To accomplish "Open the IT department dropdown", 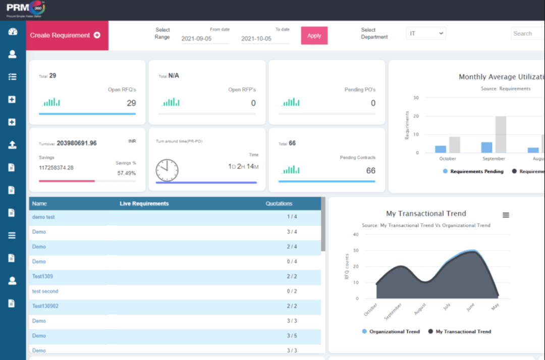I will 426,33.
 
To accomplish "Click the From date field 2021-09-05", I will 205,38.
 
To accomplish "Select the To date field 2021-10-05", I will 265,38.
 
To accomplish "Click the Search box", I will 527,33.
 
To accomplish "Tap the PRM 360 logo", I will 25,9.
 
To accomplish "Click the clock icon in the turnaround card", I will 167,170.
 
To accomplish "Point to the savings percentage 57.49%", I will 126,173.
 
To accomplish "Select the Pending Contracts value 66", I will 370,170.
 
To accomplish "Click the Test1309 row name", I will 42,276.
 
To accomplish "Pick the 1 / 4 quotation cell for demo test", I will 292,217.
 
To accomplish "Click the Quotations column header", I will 279,204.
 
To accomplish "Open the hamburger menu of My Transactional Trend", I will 506,215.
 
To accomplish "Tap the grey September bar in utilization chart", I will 501,134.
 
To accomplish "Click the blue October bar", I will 441,149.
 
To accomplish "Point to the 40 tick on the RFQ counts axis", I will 355,234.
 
